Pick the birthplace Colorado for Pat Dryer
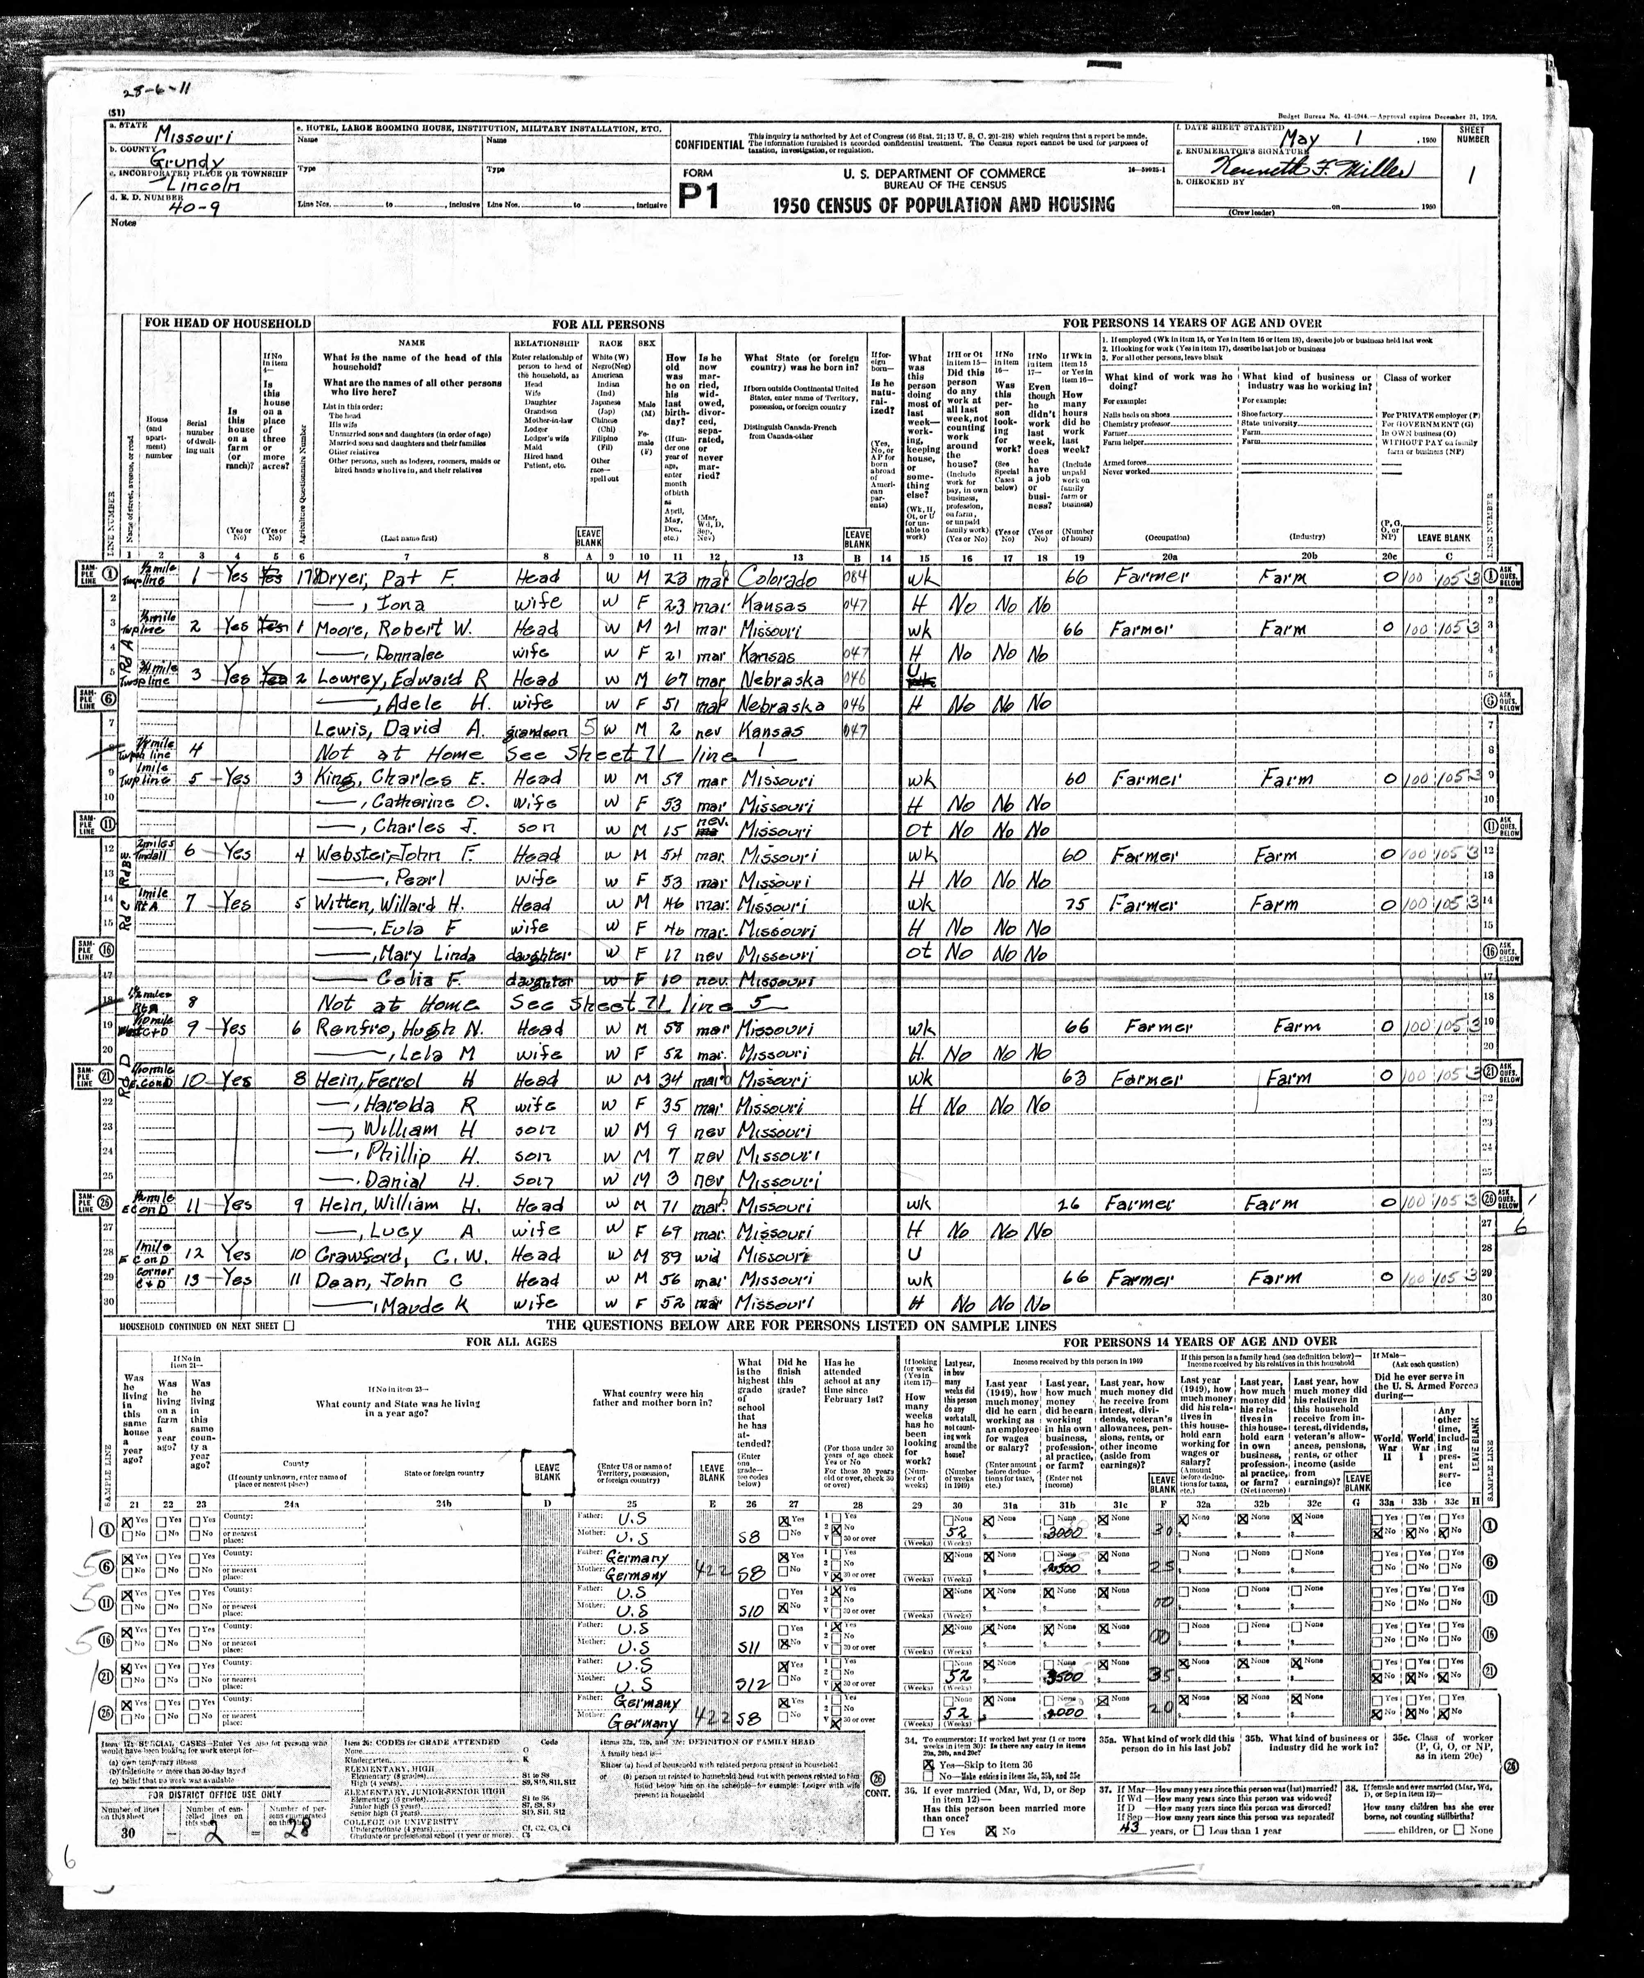(x=778, y=578)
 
